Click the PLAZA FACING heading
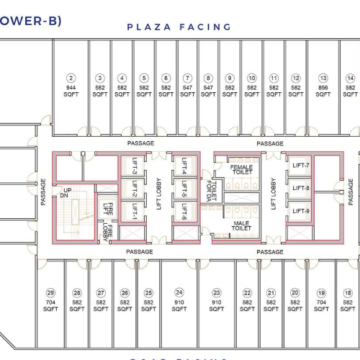tap(179, 27)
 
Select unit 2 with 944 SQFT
tap(71, 86)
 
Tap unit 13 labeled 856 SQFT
tap(323, 86)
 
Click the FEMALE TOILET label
tap(241, 171)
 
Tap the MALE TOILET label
tap(241, 226)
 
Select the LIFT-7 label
tap(300, 166)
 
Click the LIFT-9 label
tap(300, 210)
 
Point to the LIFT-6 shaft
tap(183, 212)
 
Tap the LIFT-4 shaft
tap(183, 171)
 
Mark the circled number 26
tap(125, 293)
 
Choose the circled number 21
tap(271, 293)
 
